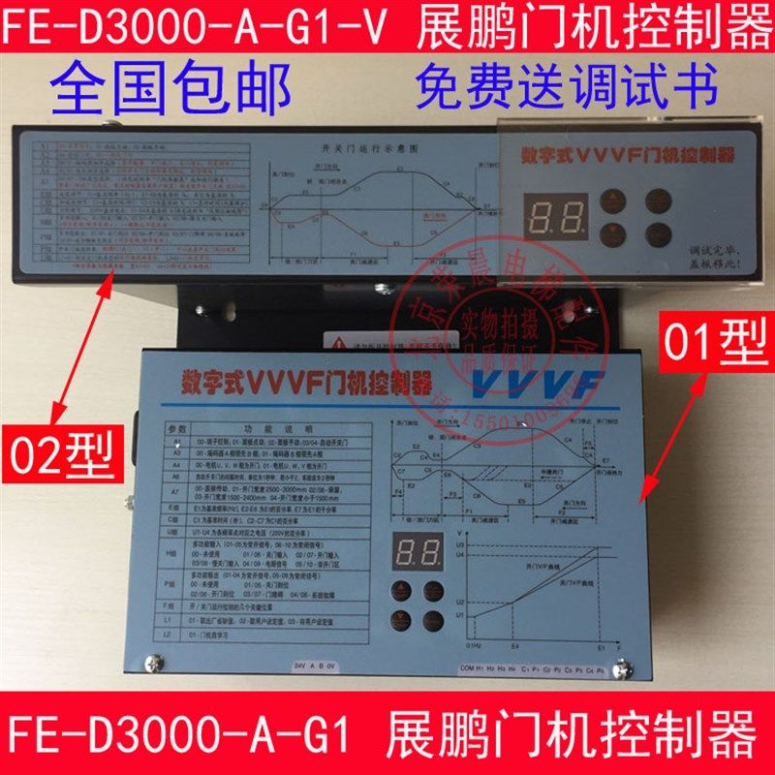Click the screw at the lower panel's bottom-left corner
point(153,666)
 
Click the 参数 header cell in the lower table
point(175,427)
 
